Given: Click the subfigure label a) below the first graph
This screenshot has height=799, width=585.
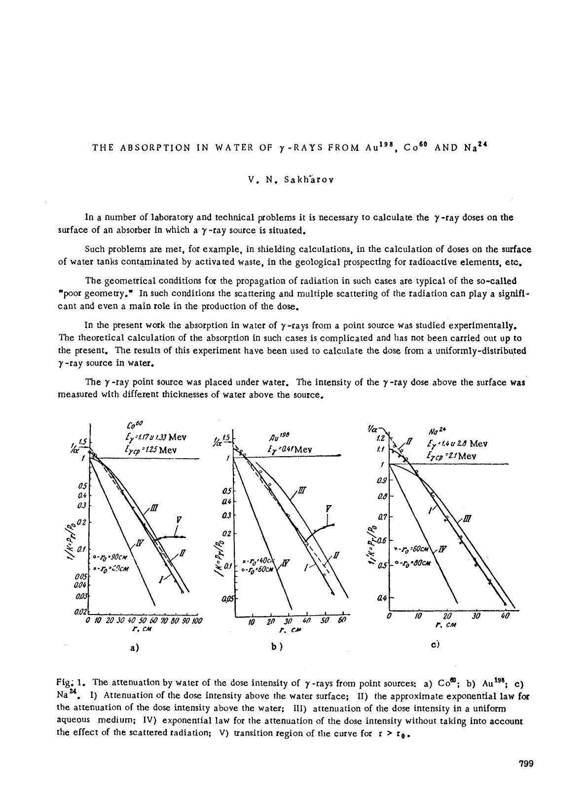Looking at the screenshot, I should pyautogui.click(x=134, y=648).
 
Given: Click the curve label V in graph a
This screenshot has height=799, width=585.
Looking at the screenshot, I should pyautogui.click(x=179, y=519).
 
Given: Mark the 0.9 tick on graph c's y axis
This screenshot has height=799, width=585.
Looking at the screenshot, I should pyautogui.click(x=381, y=479).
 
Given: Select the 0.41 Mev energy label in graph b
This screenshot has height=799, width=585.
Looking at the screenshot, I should pyautogui.click(x=290, y=449).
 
